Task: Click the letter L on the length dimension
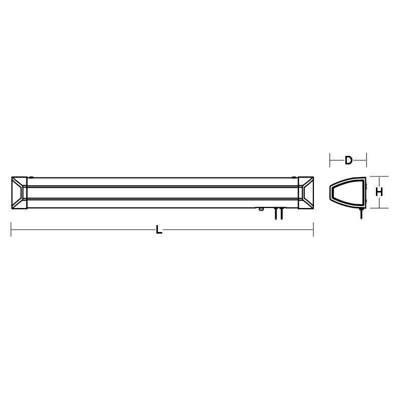tap(159, 230)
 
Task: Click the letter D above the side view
tap(348, 160)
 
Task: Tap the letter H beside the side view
tap(379, 192)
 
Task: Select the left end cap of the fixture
tap(19, 192)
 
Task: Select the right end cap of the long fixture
tap(305, 192)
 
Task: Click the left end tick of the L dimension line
tap(11, 230)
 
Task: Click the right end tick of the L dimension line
tap(313, 230)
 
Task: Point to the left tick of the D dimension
tap(330, 160)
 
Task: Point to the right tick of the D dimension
tap(367, 160)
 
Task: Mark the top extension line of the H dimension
tap(379, 176)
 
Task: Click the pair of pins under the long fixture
tap(278, 214)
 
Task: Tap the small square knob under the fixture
tap(261, 209)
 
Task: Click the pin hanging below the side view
tap(360, 214)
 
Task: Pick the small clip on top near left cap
tap(31, 176)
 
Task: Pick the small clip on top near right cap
tap(293, 176)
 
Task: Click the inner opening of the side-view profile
tap(347, 192)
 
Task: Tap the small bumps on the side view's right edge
tap(367, 193)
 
